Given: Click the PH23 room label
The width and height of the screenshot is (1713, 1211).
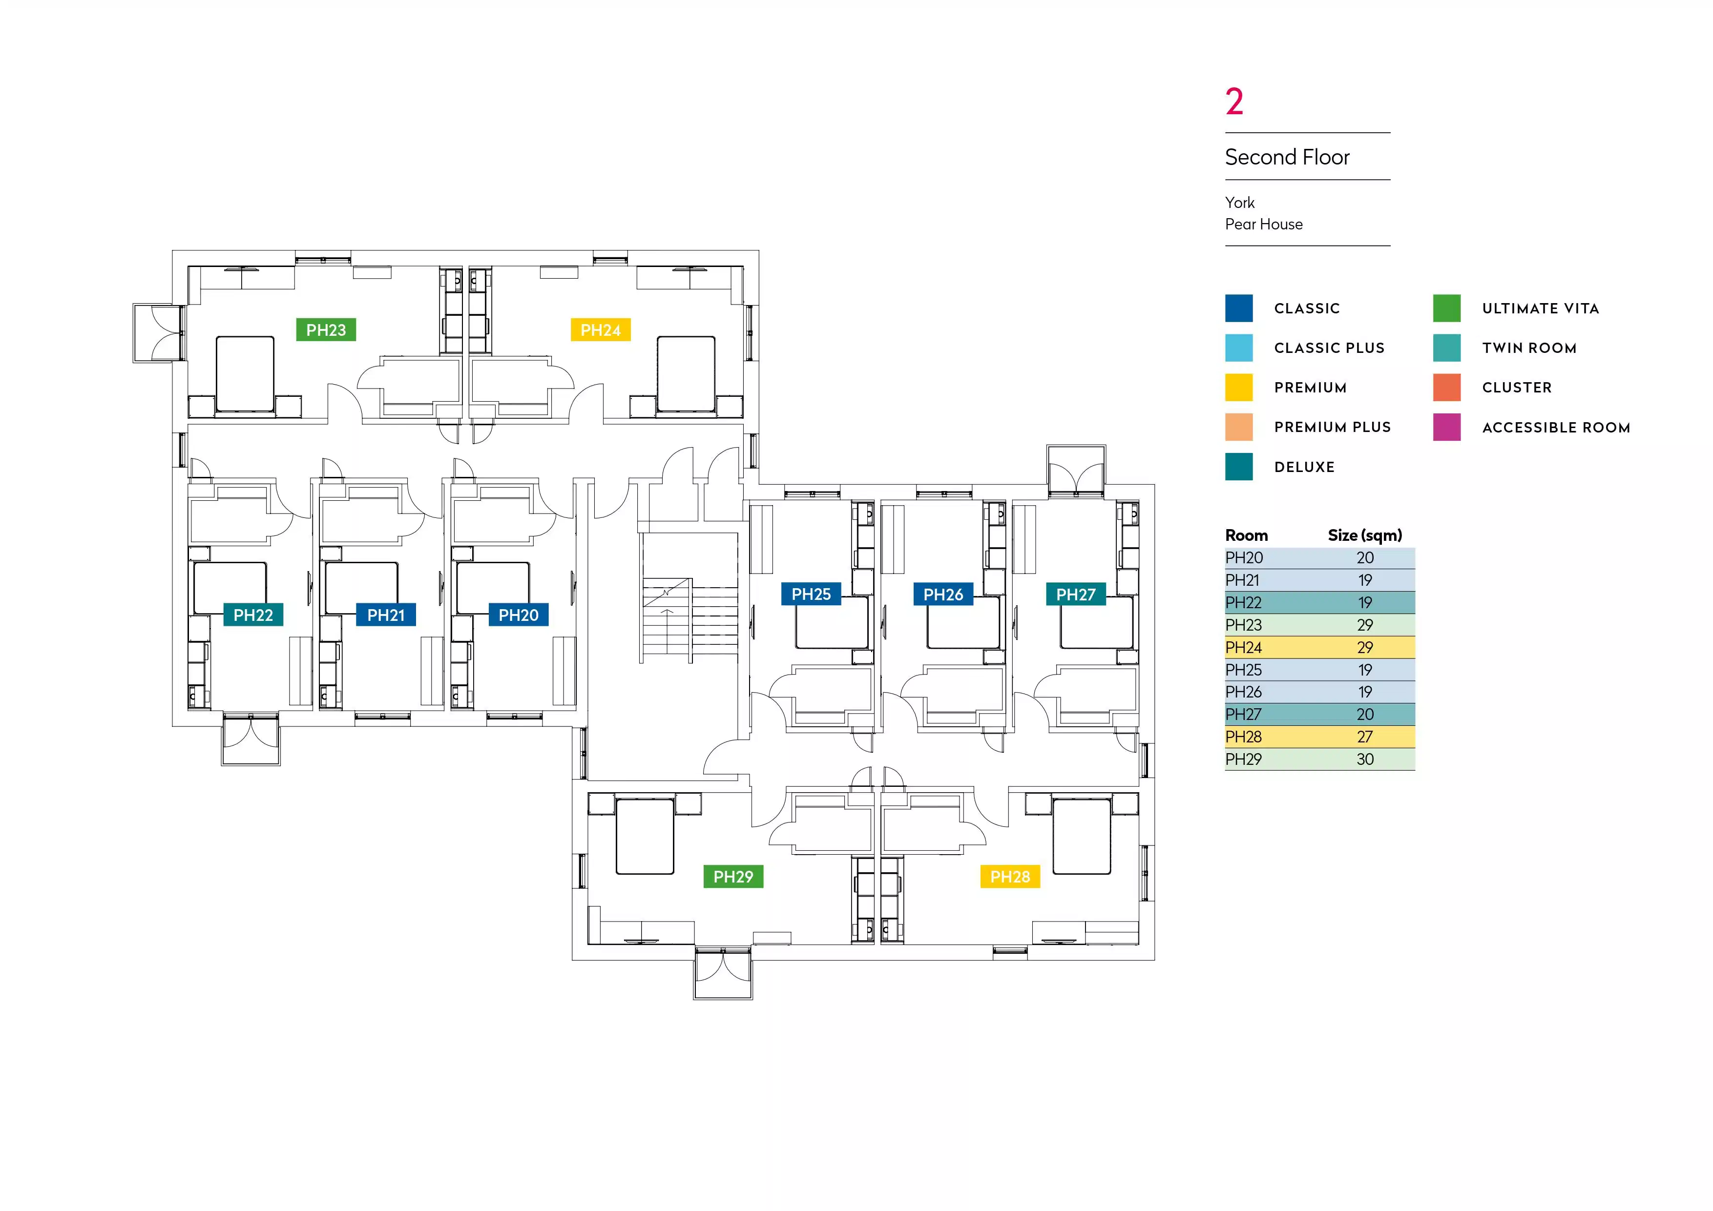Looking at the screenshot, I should (x=326, y=329).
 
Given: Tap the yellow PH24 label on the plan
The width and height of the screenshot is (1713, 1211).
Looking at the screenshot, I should (x=601, y=329).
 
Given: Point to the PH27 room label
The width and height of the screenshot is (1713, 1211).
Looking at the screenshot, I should (x=1075, y=595).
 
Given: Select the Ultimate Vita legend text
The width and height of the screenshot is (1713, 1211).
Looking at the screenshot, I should (x=1540, y=308).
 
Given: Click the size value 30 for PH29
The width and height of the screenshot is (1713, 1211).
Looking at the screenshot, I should (x=1364, y=759).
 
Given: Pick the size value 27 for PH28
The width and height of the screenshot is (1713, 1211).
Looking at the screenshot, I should (x=1364, y=737).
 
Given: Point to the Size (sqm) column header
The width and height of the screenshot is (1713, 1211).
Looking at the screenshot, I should (x=1364, y=535).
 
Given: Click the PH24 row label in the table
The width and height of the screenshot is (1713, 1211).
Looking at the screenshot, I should (x=1244, y=647).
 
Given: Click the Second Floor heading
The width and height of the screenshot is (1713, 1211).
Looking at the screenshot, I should (x=1287, y=157).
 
